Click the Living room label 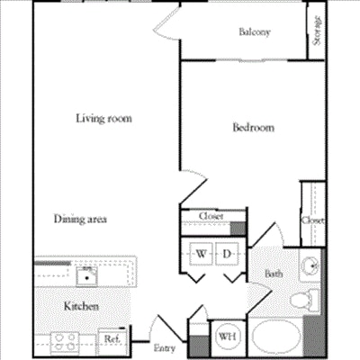[97, 116]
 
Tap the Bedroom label [253, 128]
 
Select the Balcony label [255, 32]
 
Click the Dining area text [81, 219]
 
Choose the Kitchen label [80, 306]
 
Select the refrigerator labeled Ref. [111, 339]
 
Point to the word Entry [164, 347]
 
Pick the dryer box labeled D [228, 256]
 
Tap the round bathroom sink [310, 266]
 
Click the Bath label [274, 274]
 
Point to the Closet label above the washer [211, 216]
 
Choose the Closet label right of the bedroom [312, 220]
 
